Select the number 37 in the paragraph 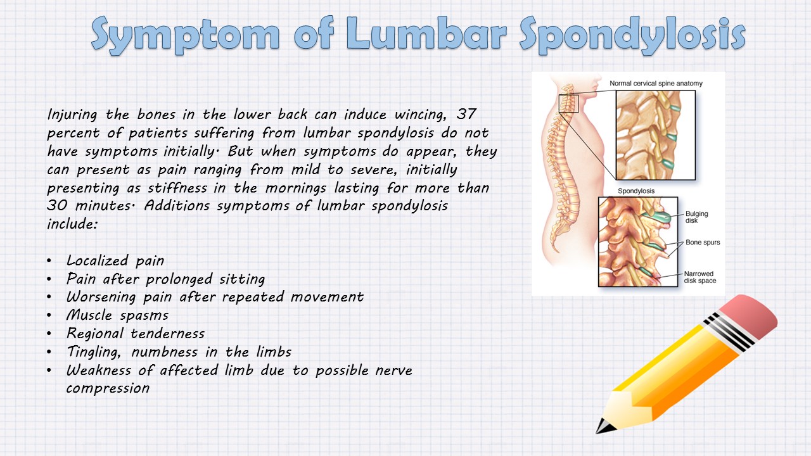click(x=467, y=115)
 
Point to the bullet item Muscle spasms click(x=117, y=315)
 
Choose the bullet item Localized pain click(x=115, y=260)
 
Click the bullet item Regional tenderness click(x=136, y=333)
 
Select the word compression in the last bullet click(x=108, y=388)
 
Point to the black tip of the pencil click(x=601, y=427)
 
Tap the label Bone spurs click(x=702, y=243)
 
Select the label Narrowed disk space click(x=699, y=277)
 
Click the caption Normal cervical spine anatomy click(x=656, y=84)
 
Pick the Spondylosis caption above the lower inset click(x=635, y=191)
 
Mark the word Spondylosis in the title click(x=631, y=34)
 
